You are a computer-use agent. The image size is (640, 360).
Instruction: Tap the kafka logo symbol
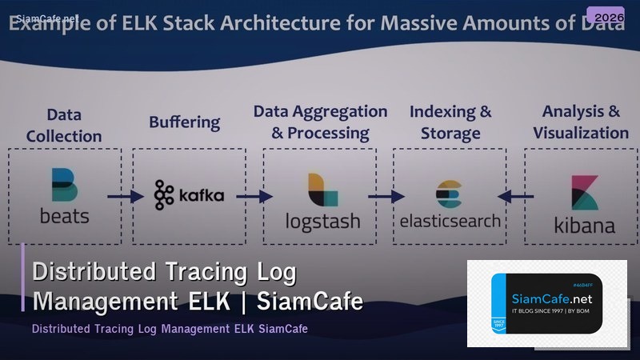click(164, 194)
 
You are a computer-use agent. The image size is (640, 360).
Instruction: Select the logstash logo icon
click(322, 190)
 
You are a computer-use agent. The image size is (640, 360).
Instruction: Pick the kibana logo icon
click(585, 193)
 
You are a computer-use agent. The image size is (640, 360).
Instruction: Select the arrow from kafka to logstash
click(254, 195)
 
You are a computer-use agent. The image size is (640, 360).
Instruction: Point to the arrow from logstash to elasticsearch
click(386, 195)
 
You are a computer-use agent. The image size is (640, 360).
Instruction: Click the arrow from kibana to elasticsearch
click(516, 195)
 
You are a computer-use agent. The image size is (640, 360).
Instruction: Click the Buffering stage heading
click(184, 122)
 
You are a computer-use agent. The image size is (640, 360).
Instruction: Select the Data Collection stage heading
click(64, 126)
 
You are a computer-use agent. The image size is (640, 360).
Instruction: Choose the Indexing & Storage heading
click(450, 122)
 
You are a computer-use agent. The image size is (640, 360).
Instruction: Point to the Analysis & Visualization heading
click(581, 122)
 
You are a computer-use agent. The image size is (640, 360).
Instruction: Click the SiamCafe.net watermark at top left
click(33, 17)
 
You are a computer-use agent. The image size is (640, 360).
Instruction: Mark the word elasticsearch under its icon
click(450, 220)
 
